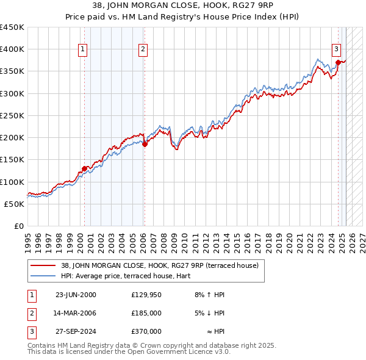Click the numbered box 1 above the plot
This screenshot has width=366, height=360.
pyautogui.click(x=82, y=50)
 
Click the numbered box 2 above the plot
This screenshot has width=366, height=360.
pyautogui.click(x=142, y=50)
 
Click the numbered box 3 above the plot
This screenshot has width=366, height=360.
pyautogui.click(x=336, y=50)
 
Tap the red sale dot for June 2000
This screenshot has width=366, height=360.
pyautogui.click(x=84, y=168)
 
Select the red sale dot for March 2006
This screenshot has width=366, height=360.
pyautogui.click(x=145, y=144)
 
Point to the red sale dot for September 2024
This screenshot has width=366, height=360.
pyautogui.click(x=338, y=62)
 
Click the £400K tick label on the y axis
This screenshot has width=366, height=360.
pyautogui.click(x=12, y=49)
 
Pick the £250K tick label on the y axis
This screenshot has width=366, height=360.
pyautogui.click(x=12, y=115)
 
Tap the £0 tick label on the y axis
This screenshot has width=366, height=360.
pyautogui.click(x=18, y=226)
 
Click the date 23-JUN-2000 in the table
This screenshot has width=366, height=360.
pyautogui.click(x=76, y=295)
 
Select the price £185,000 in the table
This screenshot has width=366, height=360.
pyautogui.click(x=146, y=313)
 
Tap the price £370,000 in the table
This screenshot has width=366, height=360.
pyautogui.click(x=146, y=331)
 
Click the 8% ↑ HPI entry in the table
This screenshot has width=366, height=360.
pyautogui.click(x=209, y=295)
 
